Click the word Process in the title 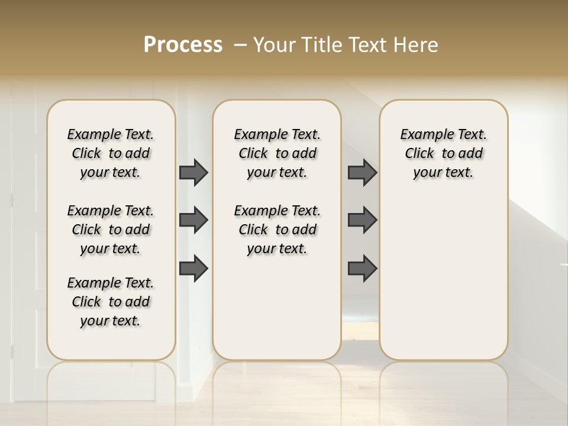tap(183, 44)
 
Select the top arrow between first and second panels tap(193, 172)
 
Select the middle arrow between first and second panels tap(193, 220)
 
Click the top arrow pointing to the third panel tap(362, 172)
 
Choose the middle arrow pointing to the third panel tap(362, 220)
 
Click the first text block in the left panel tap(111, 153)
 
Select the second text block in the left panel tap(111, 230)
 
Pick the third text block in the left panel tap(111, 302)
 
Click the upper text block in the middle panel tap(277, 153)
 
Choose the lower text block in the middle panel tap(277, 230)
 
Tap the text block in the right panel tap(443, 153)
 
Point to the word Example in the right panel tap(424, 135)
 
